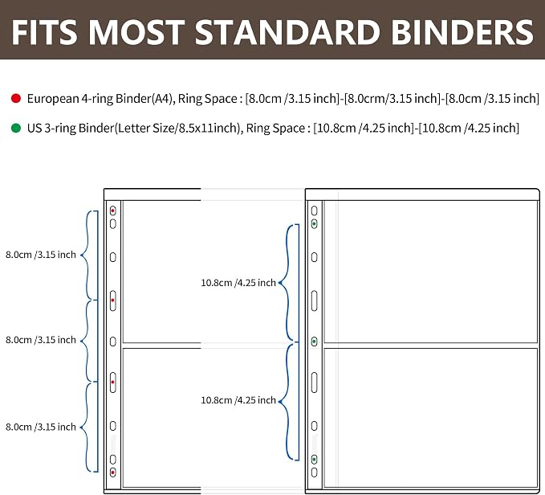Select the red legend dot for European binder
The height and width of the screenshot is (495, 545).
click(16, 99)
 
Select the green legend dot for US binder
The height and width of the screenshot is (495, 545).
click(16, 128)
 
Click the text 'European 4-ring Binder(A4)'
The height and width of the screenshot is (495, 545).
click(100, 99)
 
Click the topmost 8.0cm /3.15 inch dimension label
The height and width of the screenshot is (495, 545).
click(41, 255)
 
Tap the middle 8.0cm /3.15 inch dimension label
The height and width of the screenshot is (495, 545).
click(41, 340)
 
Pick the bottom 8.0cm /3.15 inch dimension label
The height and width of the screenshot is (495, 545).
click(41, 427)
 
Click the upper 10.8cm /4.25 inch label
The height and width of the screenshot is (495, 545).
click(238, 283)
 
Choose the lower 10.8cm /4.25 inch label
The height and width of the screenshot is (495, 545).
click(238, 400)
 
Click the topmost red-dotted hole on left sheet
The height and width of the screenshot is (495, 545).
click(112, 211)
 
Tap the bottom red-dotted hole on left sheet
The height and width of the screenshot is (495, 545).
click(112, 472)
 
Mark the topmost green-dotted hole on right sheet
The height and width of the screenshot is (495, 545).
click(314, 224)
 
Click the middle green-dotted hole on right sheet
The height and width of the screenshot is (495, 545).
click(314, 342)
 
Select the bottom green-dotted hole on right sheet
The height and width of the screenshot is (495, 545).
click(314, 460)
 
